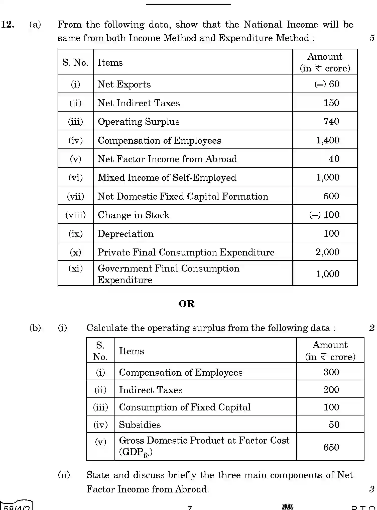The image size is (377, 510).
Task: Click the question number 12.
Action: click(8, 25)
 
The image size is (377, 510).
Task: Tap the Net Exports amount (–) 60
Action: click(327, 84)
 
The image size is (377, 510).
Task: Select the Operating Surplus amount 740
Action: click(331, 121)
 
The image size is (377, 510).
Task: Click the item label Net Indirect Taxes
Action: click(139, 103)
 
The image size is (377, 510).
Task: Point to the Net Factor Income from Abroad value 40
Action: click(334, 159)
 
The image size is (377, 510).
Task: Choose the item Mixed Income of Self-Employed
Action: click(167, 178)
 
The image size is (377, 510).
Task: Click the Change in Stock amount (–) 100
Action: click(324, 215)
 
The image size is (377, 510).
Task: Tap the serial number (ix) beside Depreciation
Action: click(75, 234)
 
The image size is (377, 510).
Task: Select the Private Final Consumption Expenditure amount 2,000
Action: click(327, 252)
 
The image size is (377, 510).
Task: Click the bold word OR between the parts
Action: click(187, 304)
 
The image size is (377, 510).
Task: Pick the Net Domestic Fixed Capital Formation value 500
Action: click(331, 196)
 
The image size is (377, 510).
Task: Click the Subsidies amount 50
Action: click(334, 424)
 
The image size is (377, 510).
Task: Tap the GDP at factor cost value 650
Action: click(331, 447)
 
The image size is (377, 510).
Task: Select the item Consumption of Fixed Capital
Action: click(185, 407)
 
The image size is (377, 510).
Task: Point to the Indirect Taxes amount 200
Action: click(331, 390)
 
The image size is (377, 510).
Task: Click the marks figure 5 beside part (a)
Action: click(372, 38)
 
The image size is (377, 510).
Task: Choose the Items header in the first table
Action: click(110, 62)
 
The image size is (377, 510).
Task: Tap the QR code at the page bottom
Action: click(287, 507)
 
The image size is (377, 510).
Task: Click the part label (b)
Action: click(35, 328)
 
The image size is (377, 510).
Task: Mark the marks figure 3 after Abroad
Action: click(372, 489)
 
